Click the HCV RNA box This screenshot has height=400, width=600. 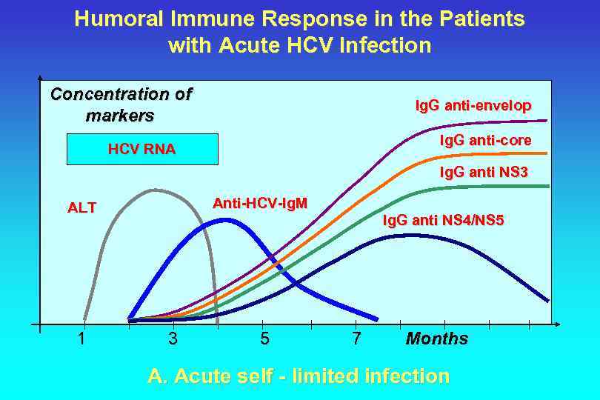click(142, 149)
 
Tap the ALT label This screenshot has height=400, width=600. click(81, 208)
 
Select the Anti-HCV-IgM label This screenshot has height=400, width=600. click(260, 203)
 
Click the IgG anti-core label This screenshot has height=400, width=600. click(485, 140)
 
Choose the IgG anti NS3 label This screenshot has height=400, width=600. click(484, 173)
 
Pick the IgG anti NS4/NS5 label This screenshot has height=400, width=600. click(443, 219)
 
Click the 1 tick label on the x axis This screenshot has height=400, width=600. click(81, 339)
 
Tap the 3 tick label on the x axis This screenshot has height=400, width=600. click(173, 339)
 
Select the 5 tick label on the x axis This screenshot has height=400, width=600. click(264, 339)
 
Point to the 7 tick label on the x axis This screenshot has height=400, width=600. click(356, 339)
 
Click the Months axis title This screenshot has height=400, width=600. click(437, 339)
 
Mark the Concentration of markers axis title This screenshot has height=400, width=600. click(120, 105)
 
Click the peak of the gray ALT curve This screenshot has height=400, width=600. click(154, 190)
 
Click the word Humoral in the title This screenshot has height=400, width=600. click(117, 19)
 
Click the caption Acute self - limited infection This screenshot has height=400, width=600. click(299, 376)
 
